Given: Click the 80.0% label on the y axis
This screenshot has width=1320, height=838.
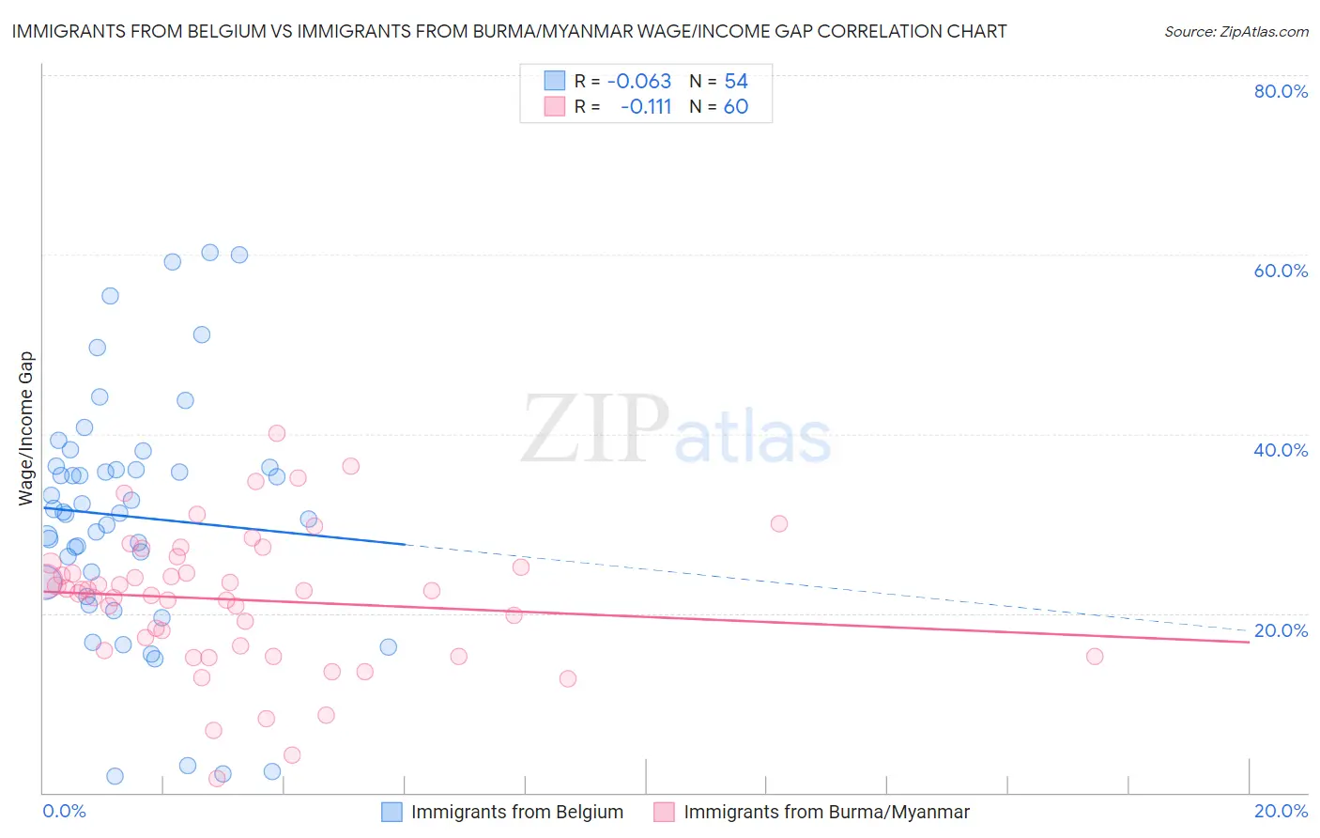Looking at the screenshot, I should [x=1281, y=91].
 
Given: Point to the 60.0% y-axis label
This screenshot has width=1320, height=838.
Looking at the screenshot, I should [x=1281, y=271].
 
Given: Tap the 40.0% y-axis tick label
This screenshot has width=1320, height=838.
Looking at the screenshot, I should [x=1281, y=450].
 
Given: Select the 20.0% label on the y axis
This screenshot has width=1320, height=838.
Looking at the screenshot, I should [x=1281, y=630].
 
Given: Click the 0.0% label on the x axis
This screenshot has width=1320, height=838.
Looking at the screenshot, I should [x=64, y=811].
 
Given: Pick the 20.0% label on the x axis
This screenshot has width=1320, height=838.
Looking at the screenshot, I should [x=1281, y=811].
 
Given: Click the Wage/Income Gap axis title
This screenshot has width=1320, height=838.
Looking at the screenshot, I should [x=26, y=428].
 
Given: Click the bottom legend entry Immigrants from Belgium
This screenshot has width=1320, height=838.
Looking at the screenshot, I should [x=516, y=812].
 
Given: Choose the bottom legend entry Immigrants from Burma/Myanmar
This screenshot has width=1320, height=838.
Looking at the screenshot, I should [x=826, y=812].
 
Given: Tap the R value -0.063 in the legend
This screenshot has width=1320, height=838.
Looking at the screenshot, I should [x=639, y=82].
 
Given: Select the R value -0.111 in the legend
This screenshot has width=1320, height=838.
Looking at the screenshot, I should [x=646, y=107].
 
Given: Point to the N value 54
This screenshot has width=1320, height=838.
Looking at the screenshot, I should [x=736, y=82].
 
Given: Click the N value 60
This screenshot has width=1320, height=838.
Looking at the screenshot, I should [x=736, y=107].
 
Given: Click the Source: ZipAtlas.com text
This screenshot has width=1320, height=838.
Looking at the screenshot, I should [x=1236, y=32].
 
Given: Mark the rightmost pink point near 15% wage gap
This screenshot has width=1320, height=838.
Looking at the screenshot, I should [x=1095, y=657].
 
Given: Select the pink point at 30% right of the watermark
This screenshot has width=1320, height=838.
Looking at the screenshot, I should [x=778, y=524].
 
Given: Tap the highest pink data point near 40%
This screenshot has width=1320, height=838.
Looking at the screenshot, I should [x=277, y=433].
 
